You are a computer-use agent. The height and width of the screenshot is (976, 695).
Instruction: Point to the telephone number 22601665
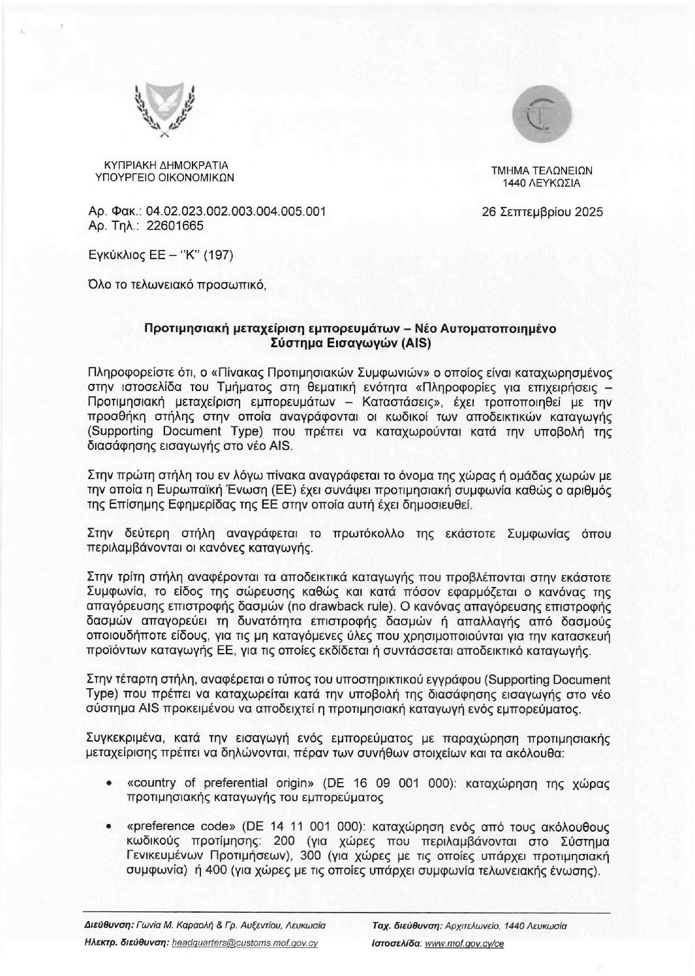pyautogui.click(x=175, y=226)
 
